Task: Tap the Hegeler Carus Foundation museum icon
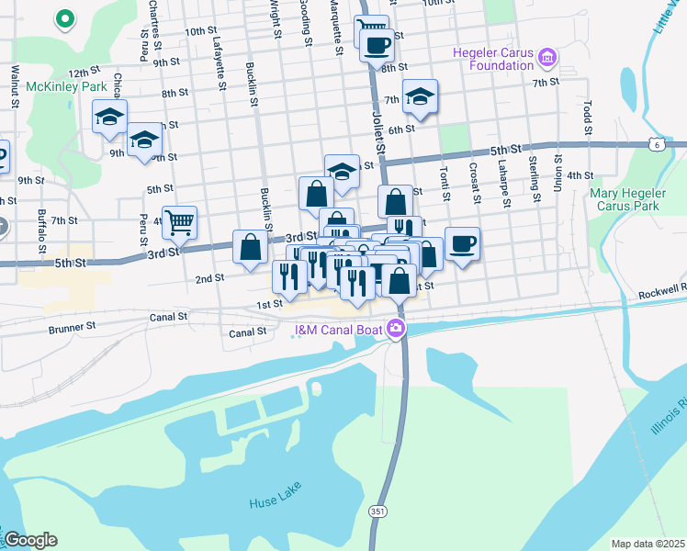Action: coord(548,59)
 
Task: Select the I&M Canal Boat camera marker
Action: coord(397,328)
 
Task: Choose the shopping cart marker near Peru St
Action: coord(180,220)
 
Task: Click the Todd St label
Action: coord(585,118)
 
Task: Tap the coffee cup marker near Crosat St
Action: coord(462,243)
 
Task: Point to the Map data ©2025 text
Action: coord(648,544)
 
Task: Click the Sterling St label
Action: coord(534,179)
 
